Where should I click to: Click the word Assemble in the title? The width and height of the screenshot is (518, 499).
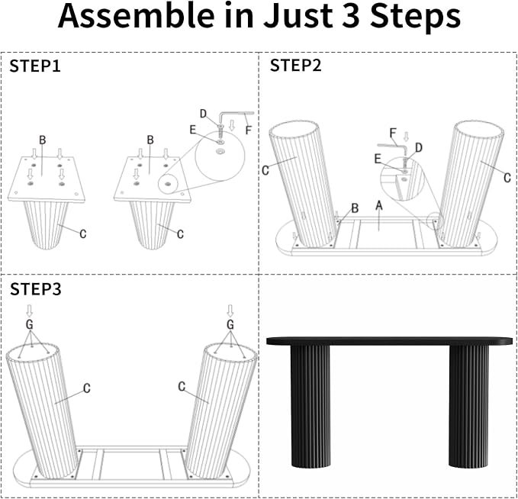coord(136,15)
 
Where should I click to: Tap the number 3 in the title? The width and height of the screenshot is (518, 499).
coord(350,15)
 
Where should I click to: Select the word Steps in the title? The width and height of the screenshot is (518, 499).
coord(415,18)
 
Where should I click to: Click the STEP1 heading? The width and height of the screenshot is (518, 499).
coord(35,66)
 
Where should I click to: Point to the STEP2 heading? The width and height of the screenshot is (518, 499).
coord(296,66)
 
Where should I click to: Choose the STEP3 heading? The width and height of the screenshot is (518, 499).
coord(36,289)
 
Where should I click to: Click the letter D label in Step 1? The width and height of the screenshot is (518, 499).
coord(203,114)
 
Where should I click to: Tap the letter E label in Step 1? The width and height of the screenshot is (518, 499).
coord(193,130)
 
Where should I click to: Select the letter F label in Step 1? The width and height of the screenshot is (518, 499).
coord(249,130)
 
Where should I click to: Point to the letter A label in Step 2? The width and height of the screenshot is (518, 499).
coord(379,205)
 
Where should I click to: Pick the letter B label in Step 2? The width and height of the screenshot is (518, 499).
coord(355,208)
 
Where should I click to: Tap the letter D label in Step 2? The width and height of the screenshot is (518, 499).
coord(419,148)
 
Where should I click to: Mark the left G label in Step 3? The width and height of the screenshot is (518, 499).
coord(30,325)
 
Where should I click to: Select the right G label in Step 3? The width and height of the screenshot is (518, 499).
coord(230,325)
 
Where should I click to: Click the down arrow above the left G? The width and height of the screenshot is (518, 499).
coord(30,311)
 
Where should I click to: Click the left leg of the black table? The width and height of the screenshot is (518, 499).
coord(310,407)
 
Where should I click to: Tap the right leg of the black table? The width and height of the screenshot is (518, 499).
coord(468,407)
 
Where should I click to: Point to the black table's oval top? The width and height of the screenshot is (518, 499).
coord(390,341)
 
